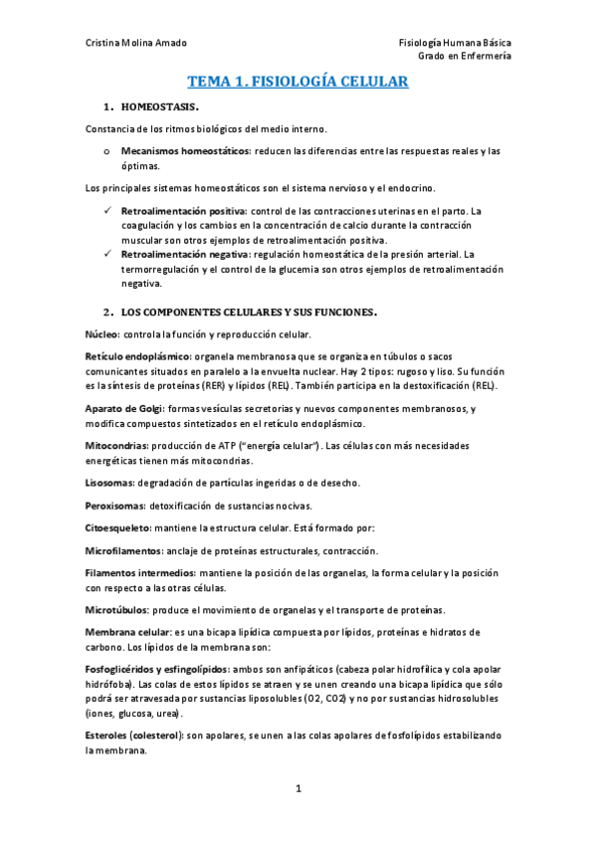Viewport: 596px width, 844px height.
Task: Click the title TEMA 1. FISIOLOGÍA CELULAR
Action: pyautogui.click(x=298, y=85)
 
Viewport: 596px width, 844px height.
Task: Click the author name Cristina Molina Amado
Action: pyautogui.click(x=135, y=43)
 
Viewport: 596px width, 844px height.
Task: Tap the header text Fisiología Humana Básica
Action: pyautogui.click(x=455, y=43)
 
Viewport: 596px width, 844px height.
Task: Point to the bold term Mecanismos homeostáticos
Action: pyautogui.click(x=185, y=151)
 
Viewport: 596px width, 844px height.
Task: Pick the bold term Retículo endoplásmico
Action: pyautogui.click(x=137, y=356)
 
